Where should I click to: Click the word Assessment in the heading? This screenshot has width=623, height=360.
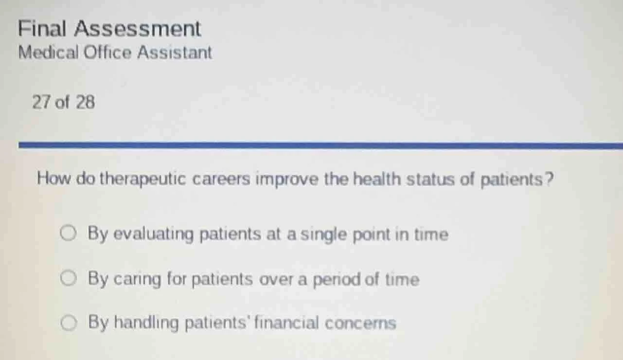(138, 29)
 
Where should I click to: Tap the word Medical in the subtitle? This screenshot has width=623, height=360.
(48, 53)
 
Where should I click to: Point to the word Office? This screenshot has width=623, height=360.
(107, 53)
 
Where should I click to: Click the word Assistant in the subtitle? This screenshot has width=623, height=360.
(174, 53)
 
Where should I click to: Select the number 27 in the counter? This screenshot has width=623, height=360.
(41, 103)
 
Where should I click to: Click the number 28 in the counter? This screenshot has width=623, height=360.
(86, 103)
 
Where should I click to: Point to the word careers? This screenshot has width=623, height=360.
(222, 180)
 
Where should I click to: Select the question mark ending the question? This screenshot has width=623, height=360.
(549, 180)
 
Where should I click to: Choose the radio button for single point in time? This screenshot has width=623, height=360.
(68, 234)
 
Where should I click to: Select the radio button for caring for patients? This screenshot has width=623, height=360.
(68, 279)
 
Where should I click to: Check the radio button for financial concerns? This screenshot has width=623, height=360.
(68, 323)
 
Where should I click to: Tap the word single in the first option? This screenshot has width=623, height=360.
(322, 235)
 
